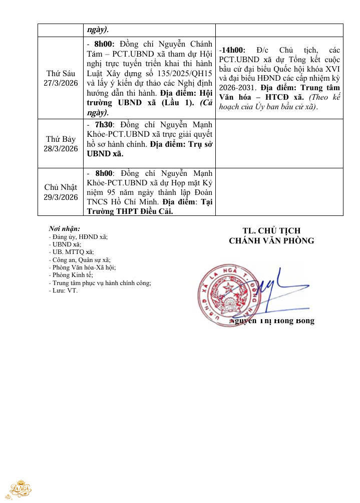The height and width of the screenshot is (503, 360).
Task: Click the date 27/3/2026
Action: pyautogui.click(x=61, y=83)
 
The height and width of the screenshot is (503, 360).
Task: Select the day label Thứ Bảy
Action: pyautogui.click(x=61, y=139)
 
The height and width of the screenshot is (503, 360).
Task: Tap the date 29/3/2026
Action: pyautogui.click(x=61, y=197)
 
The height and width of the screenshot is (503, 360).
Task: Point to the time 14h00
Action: pyautogui.click(x=233, y=51)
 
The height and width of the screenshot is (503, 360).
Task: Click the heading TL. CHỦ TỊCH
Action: pyautogui.click(x=271, y=230)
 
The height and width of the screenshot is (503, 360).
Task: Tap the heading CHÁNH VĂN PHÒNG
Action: pyautogui.click(x=271, y=240)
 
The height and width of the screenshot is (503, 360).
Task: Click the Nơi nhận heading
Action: pyautogui.click(x=64, y=228)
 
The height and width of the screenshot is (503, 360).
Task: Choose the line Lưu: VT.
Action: pyautogui.click(x=63, y=290)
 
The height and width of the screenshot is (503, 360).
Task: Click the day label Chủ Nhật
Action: pyautogui.click(x=61, y=187)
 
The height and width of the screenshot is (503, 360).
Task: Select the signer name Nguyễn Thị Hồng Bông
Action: pyautogui.click(x=272, y=321)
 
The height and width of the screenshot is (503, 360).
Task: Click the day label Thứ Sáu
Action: pyautogui.click(x=61, y=73)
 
